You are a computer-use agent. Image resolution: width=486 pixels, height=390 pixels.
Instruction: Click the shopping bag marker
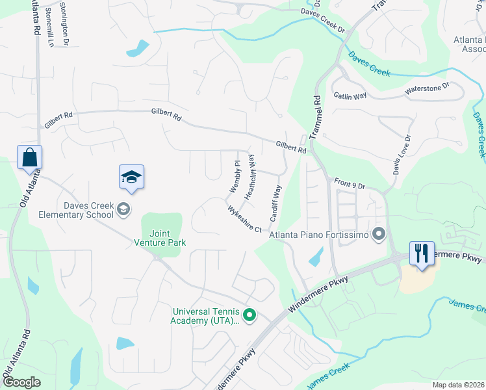29,158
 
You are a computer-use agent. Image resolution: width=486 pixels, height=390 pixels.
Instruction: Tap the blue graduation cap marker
131,177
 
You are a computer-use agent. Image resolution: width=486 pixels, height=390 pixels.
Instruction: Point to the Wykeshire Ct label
244,220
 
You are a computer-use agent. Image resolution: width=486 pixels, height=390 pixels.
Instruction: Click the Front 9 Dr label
350,183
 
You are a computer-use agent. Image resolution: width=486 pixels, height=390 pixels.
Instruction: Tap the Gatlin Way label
350,96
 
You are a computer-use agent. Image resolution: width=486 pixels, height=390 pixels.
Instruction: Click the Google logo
22,382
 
